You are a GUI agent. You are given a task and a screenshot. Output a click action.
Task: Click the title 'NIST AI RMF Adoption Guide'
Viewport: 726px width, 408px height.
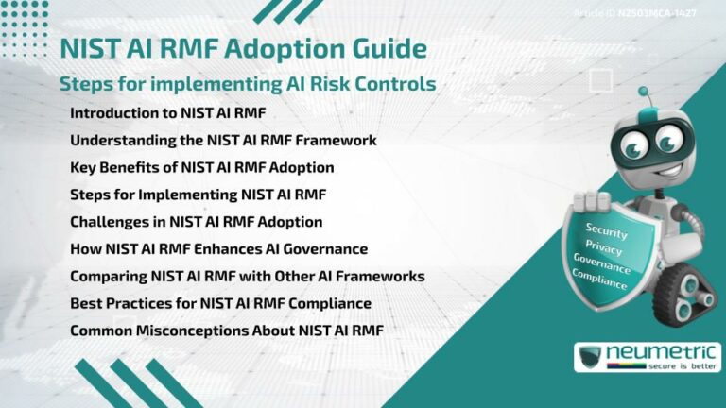pos(243,48)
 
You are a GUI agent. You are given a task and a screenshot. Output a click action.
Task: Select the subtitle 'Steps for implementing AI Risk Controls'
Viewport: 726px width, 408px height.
pos(248,83)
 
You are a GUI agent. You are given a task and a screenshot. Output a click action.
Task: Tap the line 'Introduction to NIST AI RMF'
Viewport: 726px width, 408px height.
pos(168,113)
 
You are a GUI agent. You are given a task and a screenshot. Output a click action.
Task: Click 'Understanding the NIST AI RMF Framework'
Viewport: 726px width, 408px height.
pos(223,141)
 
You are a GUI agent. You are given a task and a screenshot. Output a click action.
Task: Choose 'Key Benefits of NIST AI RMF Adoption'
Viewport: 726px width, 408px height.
pos(201,167)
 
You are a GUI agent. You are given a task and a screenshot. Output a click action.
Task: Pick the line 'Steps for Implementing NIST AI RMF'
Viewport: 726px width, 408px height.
pos(198,195)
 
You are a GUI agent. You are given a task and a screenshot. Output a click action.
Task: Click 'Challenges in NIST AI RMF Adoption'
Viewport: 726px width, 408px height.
pos(196,222)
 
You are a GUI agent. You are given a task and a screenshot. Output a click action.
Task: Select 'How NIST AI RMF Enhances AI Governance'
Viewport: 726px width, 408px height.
pos(218,249)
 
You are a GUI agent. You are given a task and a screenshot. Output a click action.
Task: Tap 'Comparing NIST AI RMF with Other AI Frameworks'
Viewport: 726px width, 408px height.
pos(247,277)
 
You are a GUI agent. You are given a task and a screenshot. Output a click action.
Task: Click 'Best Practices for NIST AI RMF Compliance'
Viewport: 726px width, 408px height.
pos(220,304)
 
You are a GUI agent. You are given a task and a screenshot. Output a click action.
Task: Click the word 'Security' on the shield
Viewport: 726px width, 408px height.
pos(606,229)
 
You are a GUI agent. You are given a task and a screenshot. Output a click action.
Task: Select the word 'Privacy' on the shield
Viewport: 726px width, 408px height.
pos(604,248)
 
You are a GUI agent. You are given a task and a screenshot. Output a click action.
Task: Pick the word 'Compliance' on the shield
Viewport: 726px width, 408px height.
pos(599,280)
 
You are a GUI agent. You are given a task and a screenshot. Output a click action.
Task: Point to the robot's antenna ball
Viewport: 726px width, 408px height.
pos(644,92)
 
